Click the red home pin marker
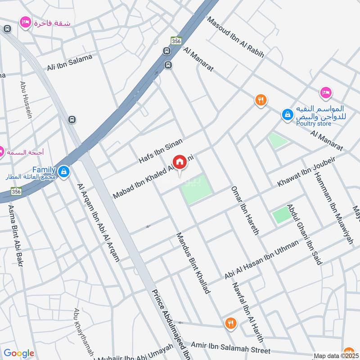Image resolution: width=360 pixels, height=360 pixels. (179, 162)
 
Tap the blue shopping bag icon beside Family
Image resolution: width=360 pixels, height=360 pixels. (64, 171)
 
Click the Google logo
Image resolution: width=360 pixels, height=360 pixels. (18, 353)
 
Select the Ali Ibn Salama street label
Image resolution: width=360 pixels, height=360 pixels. (69, 63)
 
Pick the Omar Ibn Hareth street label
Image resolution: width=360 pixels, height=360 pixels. (245, 211)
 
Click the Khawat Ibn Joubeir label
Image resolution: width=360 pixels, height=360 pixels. (306, 172)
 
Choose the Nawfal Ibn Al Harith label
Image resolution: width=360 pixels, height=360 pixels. (247, 311)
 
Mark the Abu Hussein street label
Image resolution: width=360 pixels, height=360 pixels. (26, 99)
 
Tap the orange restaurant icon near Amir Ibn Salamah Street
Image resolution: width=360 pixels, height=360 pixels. (230, 323)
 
